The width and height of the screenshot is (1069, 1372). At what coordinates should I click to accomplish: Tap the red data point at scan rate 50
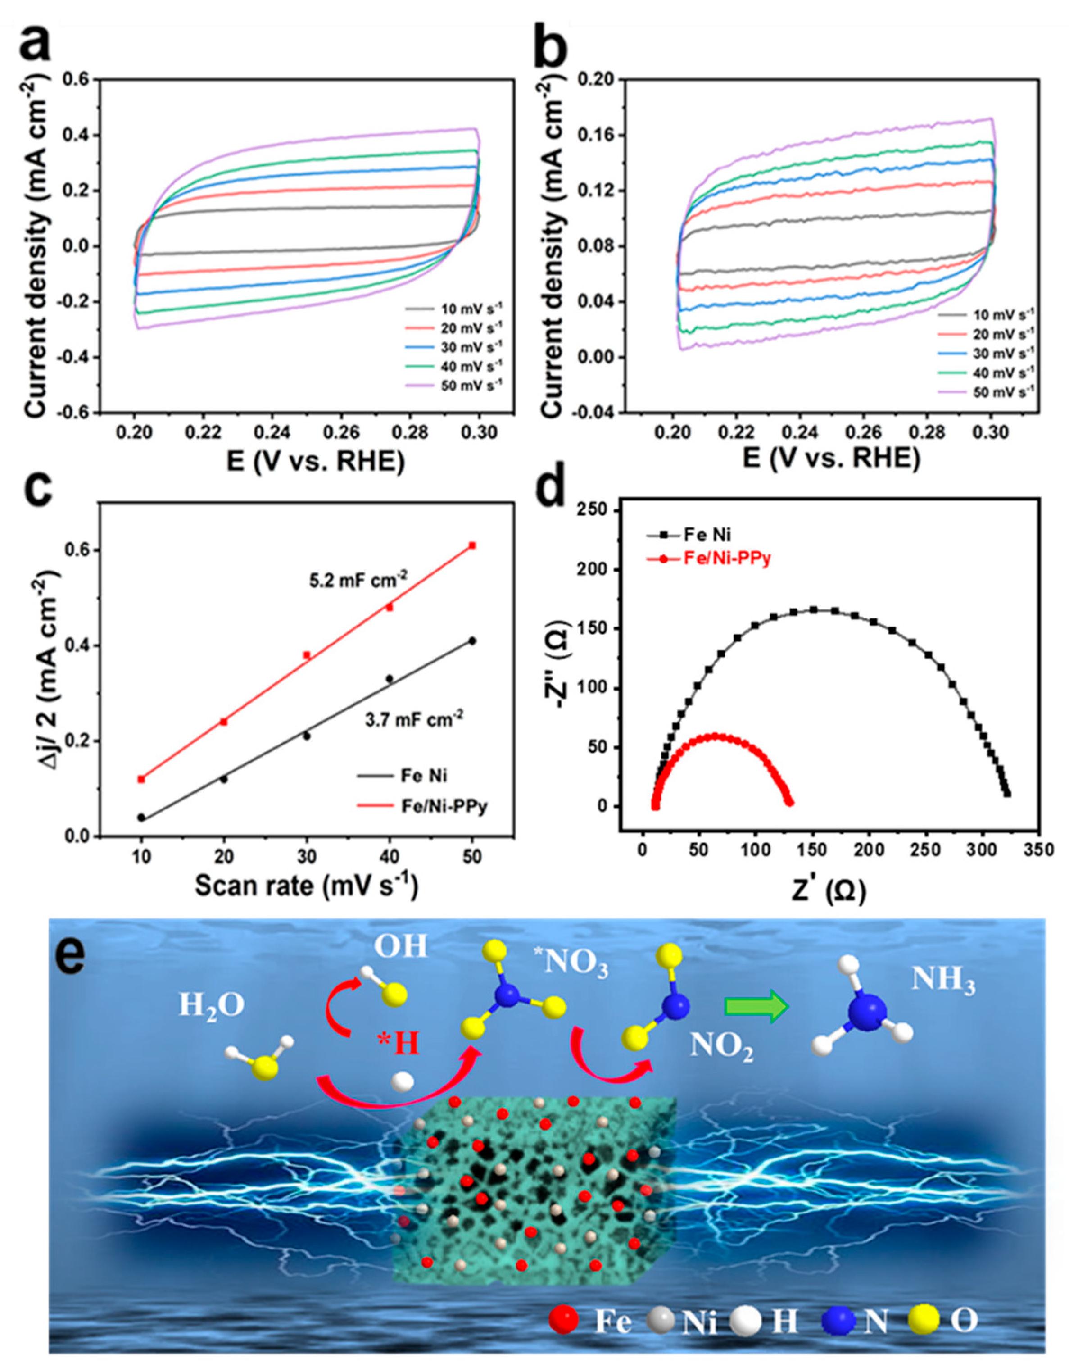coord(472,545)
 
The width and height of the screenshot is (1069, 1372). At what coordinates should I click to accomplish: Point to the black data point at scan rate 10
coord(141,817)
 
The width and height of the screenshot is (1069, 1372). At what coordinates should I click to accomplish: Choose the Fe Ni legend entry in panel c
coord(424,776)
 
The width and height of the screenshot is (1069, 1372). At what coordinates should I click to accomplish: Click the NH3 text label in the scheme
coord(943,982)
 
